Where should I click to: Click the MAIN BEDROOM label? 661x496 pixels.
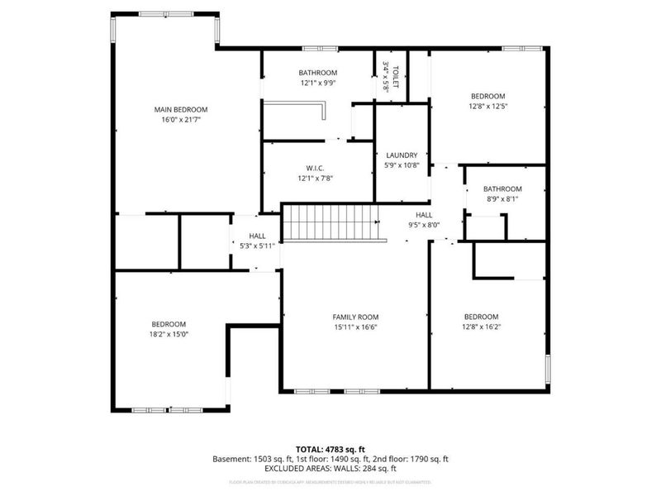tap(181, 110)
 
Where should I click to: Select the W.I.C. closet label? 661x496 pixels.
tap(318, 169)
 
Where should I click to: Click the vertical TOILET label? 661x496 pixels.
tap(396, 78)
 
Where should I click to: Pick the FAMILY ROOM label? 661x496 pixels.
tap(355, 317)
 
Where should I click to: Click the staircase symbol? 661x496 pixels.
tap(330, 222)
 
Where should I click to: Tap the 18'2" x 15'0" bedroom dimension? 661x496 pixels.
tap(169, 335)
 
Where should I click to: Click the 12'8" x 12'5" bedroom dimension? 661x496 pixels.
tap(487, 106)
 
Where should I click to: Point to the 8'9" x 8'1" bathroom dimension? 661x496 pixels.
tap(502, 199)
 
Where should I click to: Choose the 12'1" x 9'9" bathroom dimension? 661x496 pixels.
tap(318, 83)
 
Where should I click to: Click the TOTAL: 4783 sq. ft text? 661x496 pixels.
tap(330, 449)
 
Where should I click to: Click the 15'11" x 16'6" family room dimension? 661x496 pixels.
tap(355, 327)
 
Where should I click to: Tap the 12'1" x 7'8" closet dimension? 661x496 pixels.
tap(318, 179)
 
